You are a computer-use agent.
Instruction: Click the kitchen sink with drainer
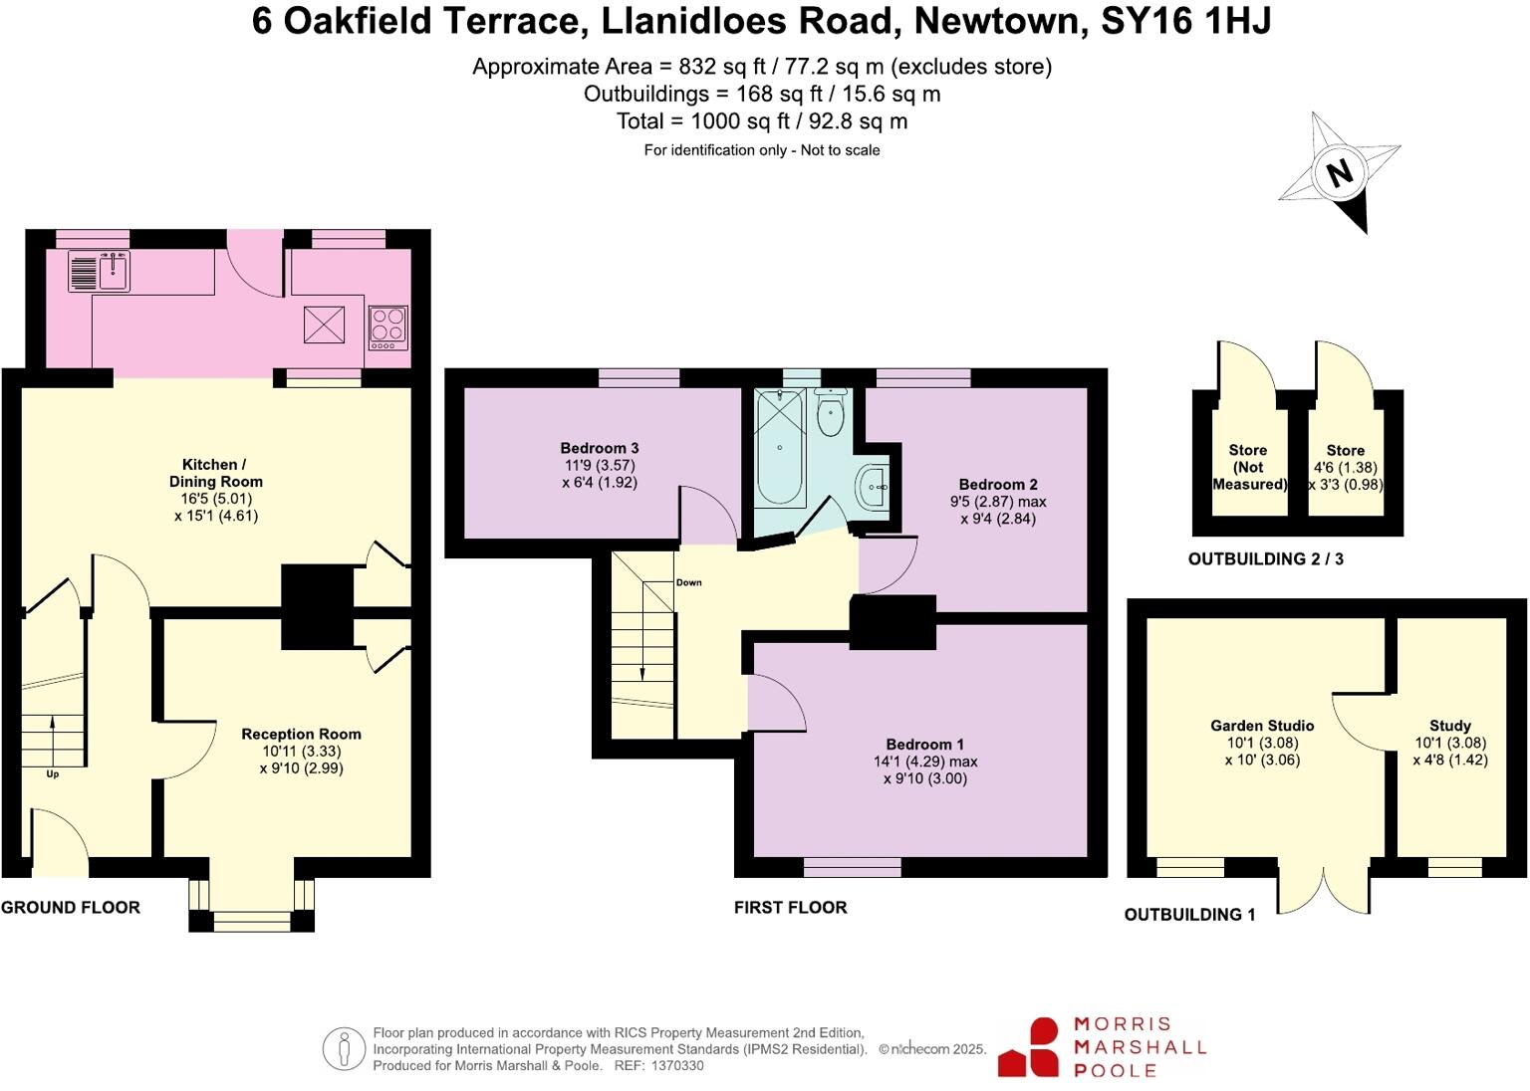tap(99, 270)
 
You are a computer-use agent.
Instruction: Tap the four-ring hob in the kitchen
tap(387, 327)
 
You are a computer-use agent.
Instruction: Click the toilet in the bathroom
tap(829, 415)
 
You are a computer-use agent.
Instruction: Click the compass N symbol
tap(1340, 173)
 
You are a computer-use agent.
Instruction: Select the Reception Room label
tap(301, 734)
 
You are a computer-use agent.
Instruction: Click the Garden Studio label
tap(1262, 726)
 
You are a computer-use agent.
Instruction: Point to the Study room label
tap(1449, 726)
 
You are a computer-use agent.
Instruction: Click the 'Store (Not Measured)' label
tap(1248, 467)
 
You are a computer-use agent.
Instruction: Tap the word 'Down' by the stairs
tap(688, 582)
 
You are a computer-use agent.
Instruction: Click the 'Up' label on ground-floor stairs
tap(53, 773)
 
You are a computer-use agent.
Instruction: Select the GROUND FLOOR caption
tap(71, 907)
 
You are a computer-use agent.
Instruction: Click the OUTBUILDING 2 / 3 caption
tap(1265, 559)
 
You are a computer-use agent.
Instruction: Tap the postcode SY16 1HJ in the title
tap(1185, 21)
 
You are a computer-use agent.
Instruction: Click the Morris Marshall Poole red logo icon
tap(1030, 1047)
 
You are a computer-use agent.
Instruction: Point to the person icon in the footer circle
tap(344, 1049)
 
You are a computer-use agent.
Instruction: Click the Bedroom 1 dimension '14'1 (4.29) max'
tap(925, 762)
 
